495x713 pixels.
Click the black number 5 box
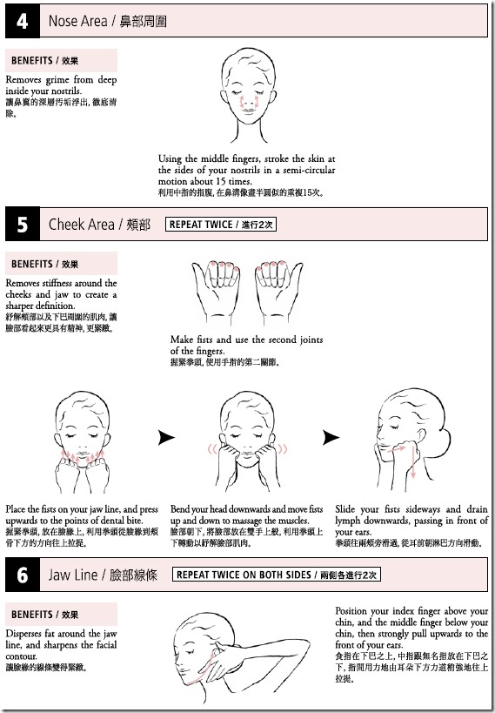pyautogui.click(x=22, y=225)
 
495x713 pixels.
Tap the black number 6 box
pyautogui.click(x=22, y=575)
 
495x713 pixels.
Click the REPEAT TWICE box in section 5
pyautogui.click(x=220, y=225)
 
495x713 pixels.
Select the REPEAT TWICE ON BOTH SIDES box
pyautogui.click(x=276, y=575)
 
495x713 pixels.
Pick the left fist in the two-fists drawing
pyautogui.click(x=215, y=286)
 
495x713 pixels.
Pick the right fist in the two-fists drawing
pyautogui.click(x=279, y=286)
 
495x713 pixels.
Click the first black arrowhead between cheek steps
pyautogui.click(x=166, y=438)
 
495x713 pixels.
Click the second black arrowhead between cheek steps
pyautogui.click(x=331, y=438)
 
